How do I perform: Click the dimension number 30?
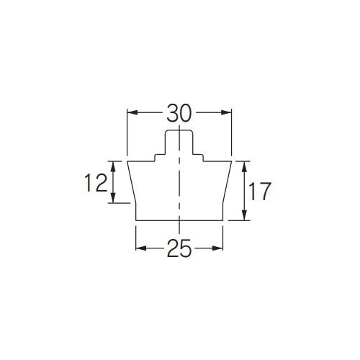click(179, 113)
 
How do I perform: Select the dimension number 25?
click(179, 248)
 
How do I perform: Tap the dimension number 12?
click(96, 183)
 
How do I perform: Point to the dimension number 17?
click(260, 192)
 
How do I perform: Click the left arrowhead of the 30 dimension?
click(132, 112)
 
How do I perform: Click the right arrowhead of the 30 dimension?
click(226, 112)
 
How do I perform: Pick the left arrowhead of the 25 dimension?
click(141, 248)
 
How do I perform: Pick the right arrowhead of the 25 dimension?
click(217, 248)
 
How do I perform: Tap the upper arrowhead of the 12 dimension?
click(114, 166)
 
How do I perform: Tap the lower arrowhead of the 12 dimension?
click(114, 198)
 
